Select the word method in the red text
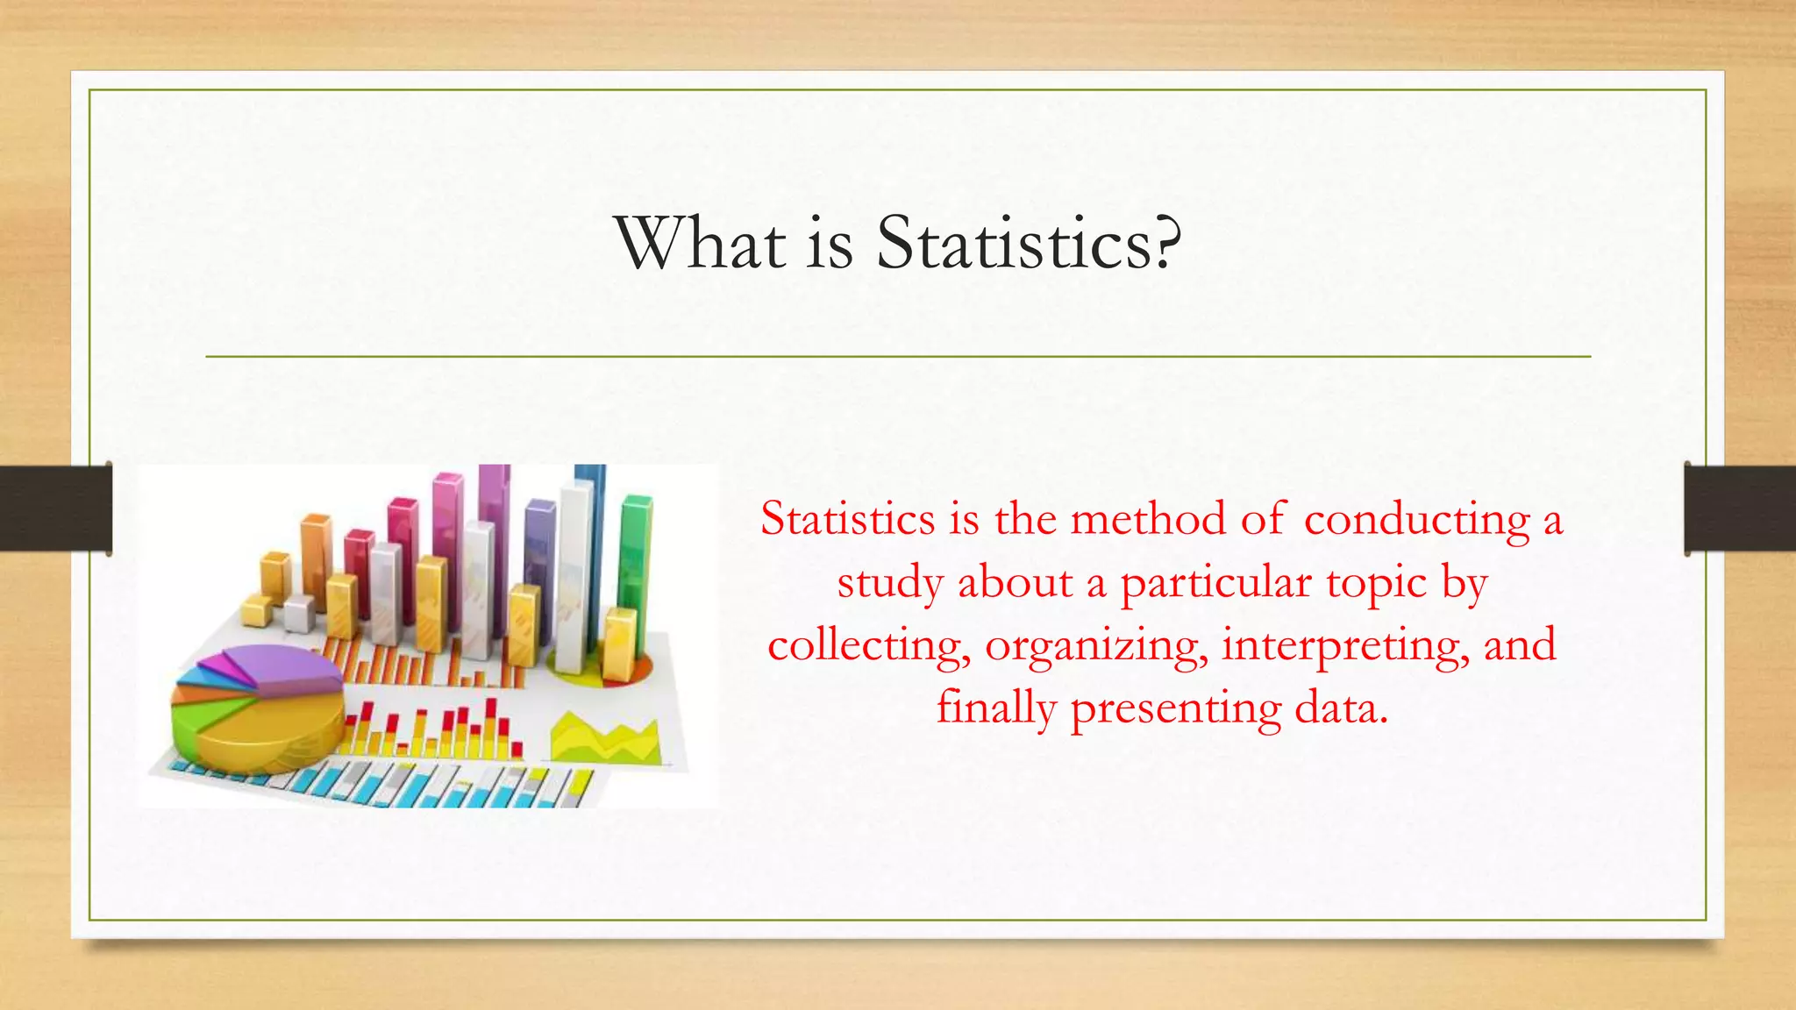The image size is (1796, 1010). point(1148,519)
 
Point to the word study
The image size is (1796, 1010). point(889,584)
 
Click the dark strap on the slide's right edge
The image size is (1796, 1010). point(1740,509)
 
